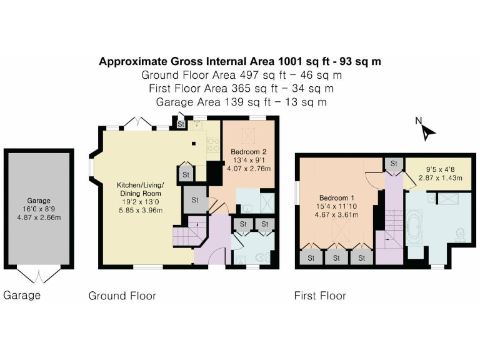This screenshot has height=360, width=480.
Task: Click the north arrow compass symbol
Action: coord(427,129)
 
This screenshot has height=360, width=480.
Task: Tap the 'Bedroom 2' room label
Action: coord(249,152)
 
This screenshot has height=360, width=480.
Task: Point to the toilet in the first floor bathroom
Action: coord(461,234)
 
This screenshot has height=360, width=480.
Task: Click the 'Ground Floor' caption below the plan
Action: coord(122,296)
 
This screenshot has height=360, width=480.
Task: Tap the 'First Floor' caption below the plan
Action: coord(320,296)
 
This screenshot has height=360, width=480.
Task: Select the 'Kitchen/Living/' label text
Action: coord(140,185)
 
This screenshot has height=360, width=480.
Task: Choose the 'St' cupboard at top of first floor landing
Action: coord(394,164)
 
